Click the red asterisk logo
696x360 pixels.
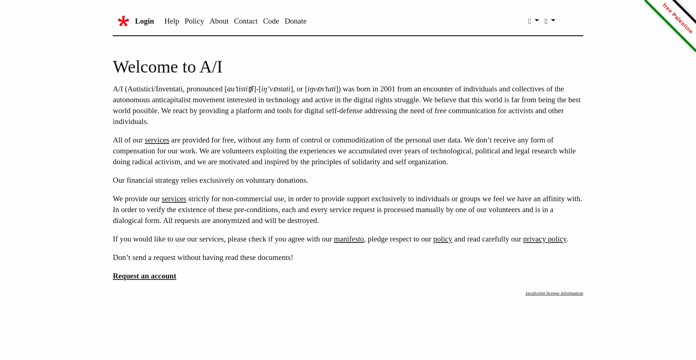point(123,21)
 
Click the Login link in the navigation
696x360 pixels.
point(144,21)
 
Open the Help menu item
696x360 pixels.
point(171,21)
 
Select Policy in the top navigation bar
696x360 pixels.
point(194,21)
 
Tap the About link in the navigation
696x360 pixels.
point(219,21)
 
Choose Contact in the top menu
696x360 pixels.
point(246,21)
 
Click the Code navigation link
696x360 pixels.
point(271,21)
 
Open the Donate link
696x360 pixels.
point(295,21)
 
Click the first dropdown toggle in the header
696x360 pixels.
point(533,21)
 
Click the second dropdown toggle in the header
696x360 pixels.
point(550,21)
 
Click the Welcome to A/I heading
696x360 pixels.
point(167,67)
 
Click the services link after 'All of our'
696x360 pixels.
point(157,140)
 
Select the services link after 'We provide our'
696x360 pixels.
point(174,199)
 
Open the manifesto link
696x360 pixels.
point(349,239)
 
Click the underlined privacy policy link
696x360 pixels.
point(544,239)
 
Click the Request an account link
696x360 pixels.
point(144,276)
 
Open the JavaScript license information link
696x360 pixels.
point(554,293)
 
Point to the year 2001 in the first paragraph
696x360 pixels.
point(388,89)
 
